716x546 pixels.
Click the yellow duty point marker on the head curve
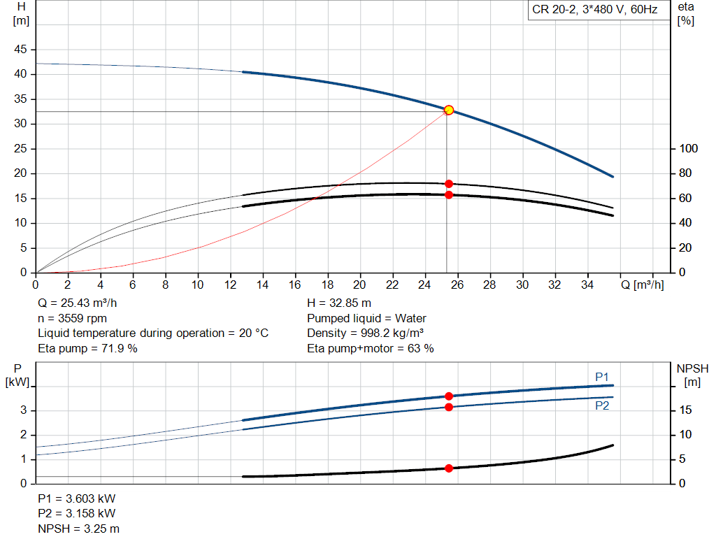coord(449,110)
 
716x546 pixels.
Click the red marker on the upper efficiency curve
coord(449,184)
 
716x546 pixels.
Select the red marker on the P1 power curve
coord(449,396)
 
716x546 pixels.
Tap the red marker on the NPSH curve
coord(449,468)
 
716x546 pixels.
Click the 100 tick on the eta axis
coord(688,149)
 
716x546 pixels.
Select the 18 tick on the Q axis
coord(327,285)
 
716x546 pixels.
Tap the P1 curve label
coord(602,378)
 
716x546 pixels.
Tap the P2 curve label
coord(602,405)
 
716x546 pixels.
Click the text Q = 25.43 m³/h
coord(78,303)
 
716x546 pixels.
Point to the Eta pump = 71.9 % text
coord(87,348)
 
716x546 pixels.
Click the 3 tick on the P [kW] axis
coord(23,410)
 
